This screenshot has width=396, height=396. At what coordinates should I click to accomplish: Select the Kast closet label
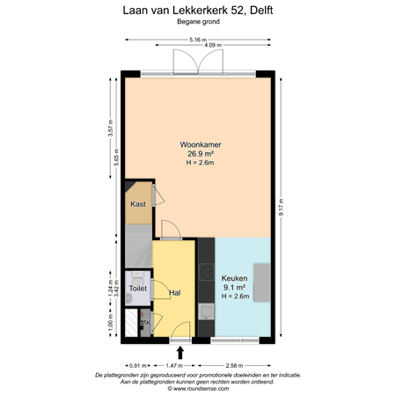[138, 204]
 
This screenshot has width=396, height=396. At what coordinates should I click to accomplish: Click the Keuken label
[234, 279]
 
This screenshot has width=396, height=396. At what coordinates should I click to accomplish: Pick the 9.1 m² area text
[234, 288]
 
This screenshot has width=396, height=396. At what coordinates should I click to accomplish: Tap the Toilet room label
[137, 288]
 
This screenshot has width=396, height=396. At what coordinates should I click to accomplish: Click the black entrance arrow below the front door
[180, 352]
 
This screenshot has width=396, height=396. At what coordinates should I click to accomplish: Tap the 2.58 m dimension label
[235, 363]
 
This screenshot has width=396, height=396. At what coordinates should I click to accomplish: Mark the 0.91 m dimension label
[136, 363]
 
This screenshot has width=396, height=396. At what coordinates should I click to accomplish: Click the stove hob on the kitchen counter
[206, 263]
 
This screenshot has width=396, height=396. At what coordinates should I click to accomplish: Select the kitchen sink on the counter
[206, 310]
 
